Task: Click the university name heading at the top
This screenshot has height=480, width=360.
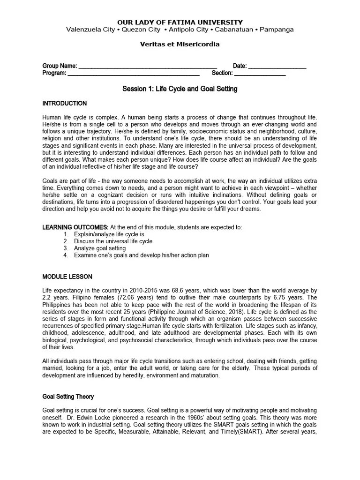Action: pyautogui.click(x=180, y=22)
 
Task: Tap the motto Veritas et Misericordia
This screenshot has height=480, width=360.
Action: pyautogui.click(x=180, y=45)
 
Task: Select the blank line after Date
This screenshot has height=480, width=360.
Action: pyautogui.click(x=277, y=67)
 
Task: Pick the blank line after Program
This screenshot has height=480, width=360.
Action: pyautogui.click(x=134, y=74)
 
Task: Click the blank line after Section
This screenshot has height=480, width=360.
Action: pyautogui.click(x=260, y=74)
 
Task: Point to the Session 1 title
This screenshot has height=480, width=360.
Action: pyautogui.click(x=180, y=89)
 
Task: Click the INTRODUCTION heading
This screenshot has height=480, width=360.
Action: pyautogui.click(x=65, y=104)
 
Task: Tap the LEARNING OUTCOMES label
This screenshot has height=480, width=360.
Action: pyautogui.click(x=75, y=227)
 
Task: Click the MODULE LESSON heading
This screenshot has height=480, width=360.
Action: pyautogui.click(x=67, y=277)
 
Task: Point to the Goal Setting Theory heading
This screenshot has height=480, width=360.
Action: pyautogui.click(x=68, y=397)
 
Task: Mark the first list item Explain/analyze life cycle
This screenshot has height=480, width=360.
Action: pyautogui.click(x=109, y=234)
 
